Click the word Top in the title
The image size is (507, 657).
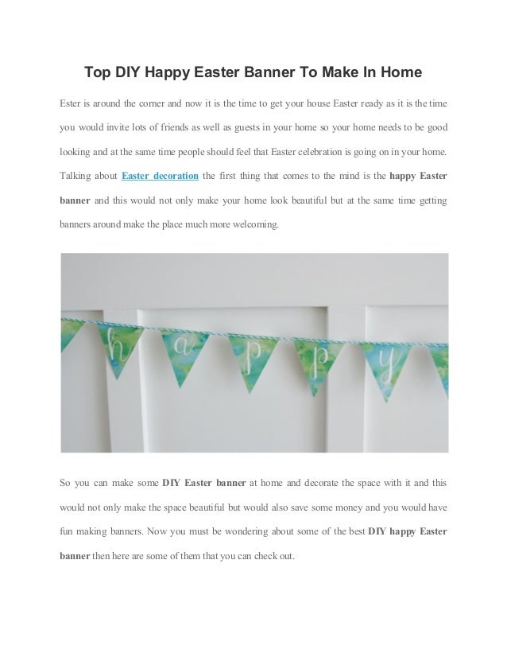coord(99,73)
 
